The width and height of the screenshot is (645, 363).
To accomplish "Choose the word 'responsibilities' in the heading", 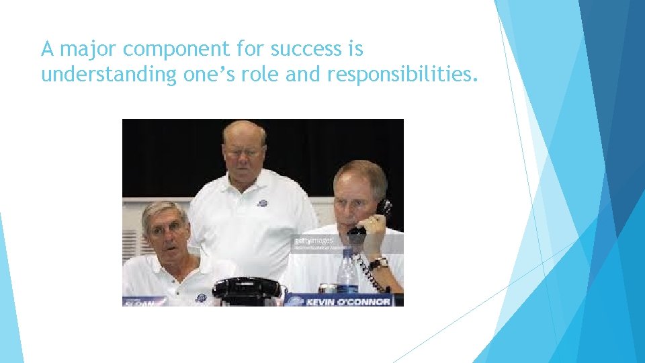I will point(401,75).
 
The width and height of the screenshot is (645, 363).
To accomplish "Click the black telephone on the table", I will point(246,291).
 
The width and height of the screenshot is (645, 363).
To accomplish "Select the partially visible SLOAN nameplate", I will point(143,301).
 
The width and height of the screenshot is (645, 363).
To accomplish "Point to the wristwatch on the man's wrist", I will point(378,264).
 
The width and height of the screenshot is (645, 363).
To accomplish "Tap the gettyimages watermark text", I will point(312,240).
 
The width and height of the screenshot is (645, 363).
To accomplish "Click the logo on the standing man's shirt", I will point(262,203).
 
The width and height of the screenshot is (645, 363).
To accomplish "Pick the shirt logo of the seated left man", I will point(200,296).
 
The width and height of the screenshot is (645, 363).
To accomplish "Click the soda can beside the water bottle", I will point(327,288).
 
